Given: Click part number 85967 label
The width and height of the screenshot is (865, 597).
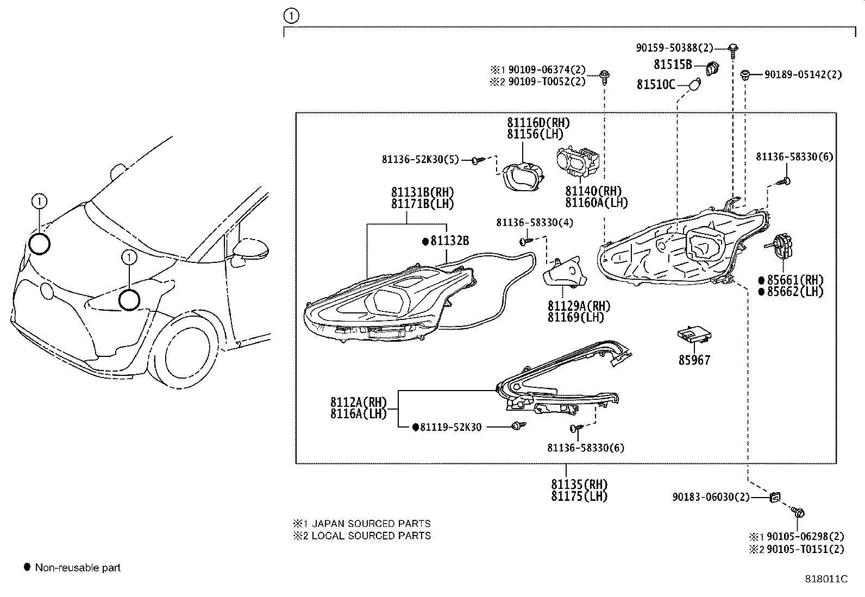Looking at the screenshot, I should coord(694,360).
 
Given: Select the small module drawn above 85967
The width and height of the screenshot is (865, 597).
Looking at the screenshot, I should coord(694,336).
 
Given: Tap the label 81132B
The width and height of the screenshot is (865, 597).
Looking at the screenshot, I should coord(449,241).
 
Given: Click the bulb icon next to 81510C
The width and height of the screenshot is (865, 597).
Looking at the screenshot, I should coord(694,84).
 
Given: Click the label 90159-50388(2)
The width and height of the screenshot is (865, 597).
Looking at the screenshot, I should coord(674,48).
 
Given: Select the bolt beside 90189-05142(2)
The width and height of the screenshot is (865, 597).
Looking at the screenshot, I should coord(747,74).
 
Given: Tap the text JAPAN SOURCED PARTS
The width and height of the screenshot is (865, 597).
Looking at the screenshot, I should coord(371,524).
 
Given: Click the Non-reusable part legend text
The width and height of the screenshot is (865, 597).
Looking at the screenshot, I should coord(78,568).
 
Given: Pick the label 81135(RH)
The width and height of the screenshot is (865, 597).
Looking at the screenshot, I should coord(579,484).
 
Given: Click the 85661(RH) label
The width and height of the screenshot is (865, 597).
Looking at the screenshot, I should coord(794,280).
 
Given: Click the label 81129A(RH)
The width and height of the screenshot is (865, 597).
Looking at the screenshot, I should coord(579,306).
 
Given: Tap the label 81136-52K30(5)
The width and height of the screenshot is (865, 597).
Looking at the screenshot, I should coord(420,160).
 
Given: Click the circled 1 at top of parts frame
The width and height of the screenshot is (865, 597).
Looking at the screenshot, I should coord(292,16).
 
